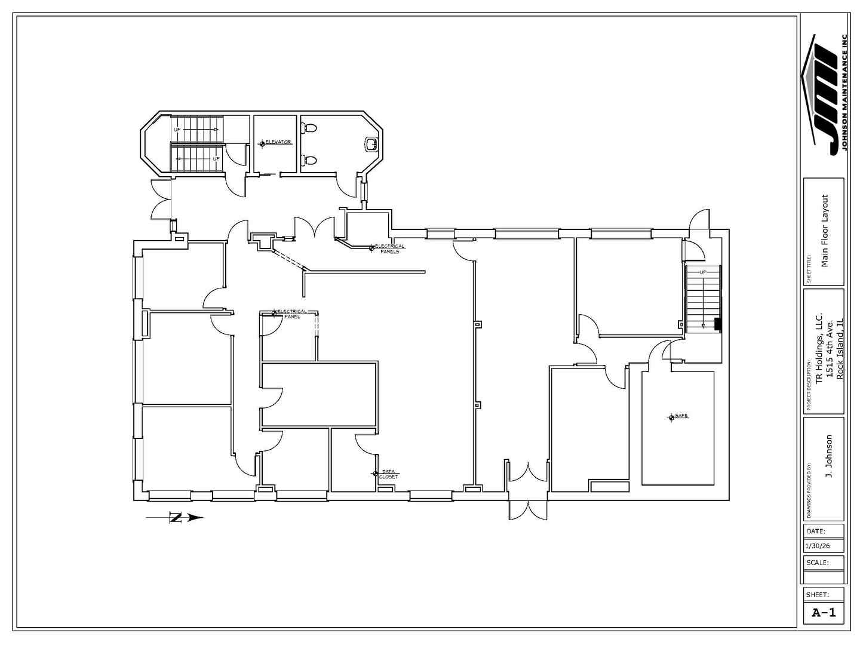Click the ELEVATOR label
click(278, 142)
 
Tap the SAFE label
click(681, 416)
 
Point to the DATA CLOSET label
click(388, 474)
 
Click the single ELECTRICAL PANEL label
click(292, 313)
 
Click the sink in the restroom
click(370, 143)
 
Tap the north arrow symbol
click(176, 518)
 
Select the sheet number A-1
click(824, 612)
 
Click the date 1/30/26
click(817, 546)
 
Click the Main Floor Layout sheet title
click(825, 231)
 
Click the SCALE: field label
click(817, 563)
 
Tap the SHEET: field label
click(818, 595)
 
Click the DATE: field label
click(816, 531)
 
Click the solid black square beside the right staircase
click(718, 324)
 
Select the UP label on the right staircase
click(703, 272)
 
